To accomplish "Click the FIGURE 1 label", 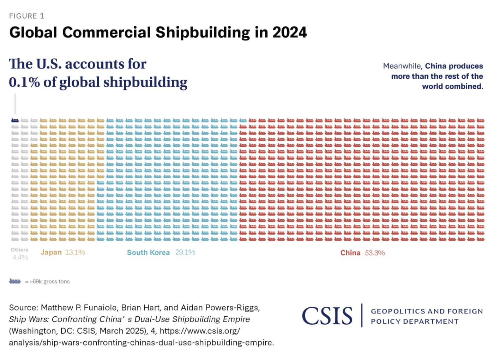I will point(26,16).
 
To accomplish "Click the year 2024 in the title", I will point(289,32).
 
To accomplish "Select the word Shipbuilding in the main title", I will point(203,32).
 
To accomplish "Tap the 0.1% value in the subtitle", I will point(24,82).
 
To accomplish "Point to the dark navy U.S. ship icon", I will point(15,120).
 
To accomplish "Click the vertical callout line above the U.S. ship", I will point(15,104).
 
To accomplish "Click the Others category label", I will point(19,250).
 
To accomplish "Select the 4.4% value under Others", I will point(20,257).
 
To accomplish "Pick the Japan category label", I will point(51,252).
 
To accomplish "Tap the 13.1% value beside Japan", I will point(75,252).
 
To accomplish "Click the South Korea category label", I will point(148,253).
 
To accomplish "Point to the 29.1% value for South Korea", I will point(185,252).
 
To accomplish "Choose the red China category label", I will point(350,253).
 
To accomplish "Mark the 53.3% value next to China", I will point(375,253).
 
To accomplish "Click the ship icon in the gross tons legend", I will point(15,281).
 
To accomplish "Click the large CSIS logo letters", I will point(327,316).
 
